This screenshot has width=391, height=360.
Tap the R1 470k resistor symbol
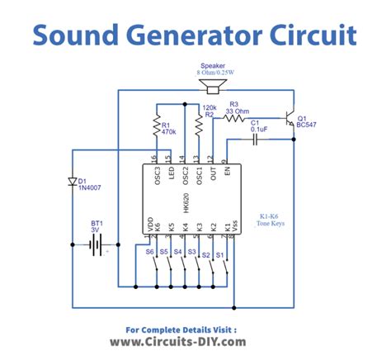[155, 126]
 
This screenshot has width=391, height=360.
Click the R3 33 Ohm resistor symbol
[234, 119]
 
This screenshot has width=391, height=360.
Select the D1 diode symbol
[73, 181]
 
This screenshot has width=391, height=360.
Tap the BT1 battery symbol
[97, 244]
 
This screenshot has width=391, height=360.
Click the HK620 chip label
[188, 203]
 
